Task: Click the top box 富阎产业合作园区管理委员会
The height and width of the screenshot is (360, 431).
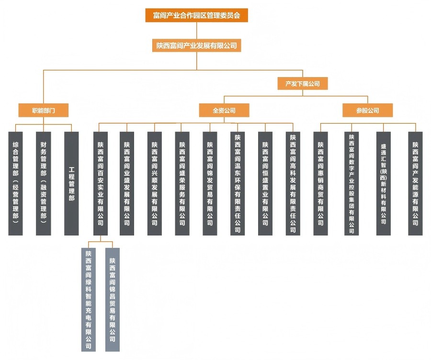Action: [x=196, y=15]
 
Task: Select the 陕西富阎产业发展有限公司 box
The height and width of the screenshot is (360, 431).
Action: [x=196, y=45]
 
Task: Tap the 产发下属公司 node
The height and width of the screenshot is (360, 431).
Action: [x=302, y=83]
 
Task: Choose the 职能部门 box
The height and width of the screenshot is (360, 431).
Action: [x=44, y=110]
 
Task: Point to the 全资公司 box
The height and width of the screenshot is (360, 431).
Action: [x=224, y=110]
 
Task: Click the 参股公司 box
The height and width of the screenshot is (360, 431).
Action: [x=367, y=110]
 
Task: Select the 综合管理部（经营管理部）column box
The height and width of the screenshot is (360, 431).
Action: [x=16, y=183]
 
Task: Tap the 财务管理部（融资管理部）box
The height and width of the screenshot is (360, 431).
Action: [x=44, y=183]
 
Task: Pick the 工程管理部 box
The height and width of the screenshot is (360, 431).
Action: [x=71, y=183]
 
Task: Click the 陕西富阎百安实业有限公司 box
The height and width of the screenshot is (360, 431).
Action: [x=100, y=183]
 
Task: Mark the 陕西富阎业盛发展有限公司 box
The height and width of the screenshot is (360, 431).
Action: [x=127, y=183]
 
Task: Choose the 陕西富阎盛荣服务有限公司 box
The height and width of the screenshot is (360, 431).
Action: [x=182, y=183]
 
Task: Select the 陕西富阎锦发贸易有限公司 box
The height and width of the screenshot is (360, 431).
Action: [x=210, y=183]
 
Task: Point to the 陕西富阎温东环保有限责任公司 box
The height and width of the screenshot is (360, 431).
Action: [x=238, y=183]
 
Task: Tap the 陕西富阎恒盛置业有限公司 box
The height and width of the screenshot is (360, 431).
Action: [x=265, y=183]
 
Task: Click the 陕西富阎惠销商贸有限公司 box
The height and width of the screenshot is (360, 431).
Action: [x=321, y=183]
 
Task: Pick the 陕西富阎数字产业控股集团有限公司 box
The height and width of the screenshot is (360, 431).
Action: [x=352, y=183]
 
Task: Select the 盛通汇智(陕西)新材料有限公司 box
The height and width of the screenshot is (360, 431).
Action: [x=384, y=183]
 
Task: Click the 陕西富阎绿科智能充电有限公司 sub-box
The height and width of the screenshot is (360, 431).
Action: [x=89, y=300]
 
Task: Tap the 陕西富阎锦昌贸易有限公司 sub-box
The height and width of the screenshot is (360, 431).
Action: [x=113, y=300]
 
